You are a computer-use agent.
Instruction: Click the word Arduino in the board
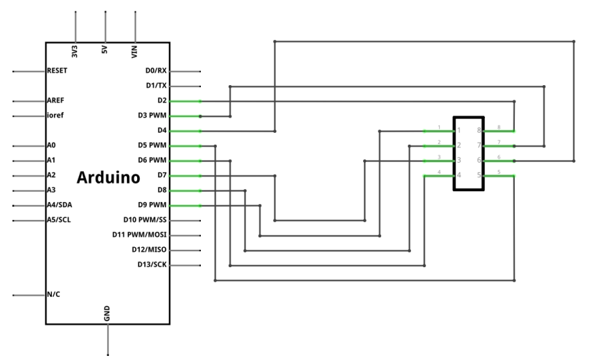click(x=108, y=177)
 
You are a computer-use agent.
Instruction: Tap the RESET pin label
click(x=57, y=71)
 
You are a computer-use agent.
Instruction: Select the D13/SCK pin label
click(x=152, y=264)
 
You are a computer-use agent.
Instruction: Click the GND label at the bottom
click(x=107, y=314)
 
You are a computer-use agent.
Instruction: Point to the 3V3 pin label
click(x=75, y=52)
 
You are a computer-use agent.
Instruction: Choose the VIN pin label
click(x=134, y=52)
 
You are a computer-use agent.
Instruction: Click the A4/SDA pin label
click(x=60, y=205)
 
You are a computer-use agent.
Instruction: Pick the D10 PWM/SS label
click(x=145, y=219)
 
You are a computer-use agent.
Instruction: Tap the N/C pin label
click(x=53, y=294)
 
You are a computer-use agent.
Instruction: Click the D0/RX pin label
click(x=156, y=71)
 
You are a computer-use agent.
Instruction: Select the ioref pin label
click(x=55, y=116)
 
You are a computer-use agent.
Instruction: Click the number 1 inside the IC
click(x=459, y=130)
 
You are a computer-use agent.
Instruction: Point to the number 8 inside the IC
click(x=479, y=130)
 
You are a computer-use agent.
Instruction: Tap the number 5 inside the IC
click(x=479, y=175)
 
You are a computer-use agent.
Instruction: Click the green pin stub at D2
click(x=185, y=101)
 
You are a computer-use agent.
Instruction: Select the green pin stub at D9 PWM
click(x=185, y=206)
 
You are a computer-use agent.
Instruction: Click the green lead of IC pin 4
click(x=439, y=176)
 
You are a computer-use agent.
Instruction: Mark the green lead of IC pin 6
click(x=499, y=161)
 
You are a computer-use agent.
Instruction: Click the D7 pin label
click(x=162, y=175)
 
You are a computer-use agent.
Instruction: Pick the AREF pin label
click(x=55, y=100)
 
